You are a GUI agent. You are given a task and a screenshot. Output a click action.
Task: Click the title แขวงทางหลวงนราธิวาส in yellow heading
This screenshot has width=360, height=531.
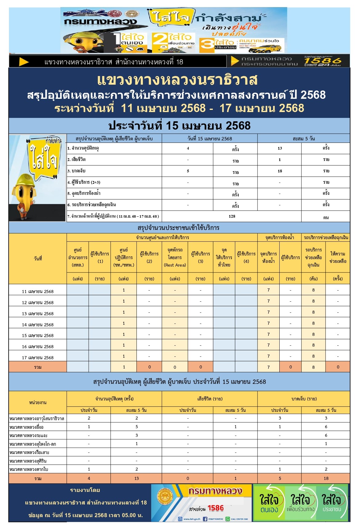(x=177, y=80)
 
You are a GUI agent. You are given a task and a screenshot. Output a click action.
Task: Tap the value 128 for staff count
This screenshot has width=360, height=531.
(x=232, y=216)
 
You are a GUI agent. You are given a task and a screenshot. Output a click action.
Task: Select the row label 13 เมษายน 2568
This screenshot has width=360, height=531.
(x=38, y=314)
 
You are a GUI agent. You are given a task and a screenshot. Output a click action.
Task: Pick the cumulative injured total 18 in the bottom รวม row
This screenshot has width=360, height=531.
(x=326, y=478)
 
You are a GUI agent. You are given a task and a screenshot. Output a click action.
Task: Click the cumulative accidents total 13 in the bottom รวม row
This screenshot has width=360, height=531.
(x=136, y=478)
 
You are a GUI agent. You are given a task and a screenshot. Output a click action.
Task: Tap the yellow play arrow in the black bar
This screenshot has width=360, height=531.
(x=24, y=62)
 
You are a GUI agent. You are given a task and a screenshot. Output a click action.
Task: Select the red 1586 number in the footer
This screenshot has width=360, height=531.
(x=216, y=508)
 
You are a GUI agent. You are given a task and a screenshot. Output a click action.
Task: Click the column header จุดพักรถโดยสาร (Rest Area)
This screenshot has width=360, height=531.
(x=175, y=257)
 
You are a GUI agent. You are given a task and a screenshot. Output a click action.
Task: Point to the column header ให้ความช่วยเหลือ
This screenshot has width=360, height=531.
(x=338, y=257)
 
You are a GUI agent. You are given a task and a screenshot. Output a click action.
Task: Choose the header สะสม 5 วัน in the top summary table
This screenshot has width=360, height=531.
(x=304, y=139)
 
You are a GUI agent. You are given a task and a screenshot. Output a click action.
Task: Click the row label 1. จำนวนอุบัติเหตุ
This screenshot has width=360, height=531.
(x=83, y=148)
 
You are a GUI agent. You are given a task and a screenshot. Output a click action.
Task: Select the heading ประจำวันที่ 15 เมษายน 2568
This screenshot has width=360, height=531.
(x=179, y=126)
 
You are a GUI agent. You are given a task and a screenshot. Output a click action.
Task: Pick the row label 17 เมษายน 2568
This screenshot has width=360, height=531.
(x=38, y=358)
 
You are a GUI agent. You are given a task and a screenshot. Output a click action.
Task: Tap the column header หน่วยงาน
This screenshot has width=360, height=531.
(x=38, y=402)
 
